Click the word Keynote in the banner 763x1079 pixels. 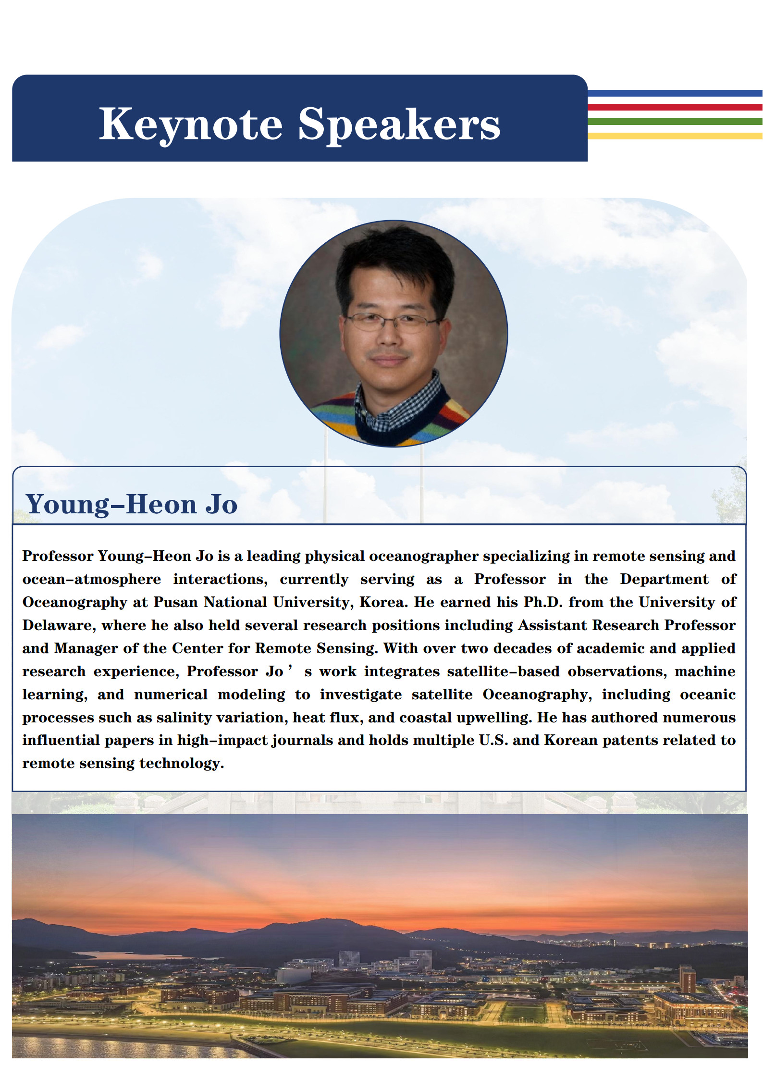[x=191, y=124]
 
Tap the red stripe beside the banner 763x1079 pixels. [x=675, y=107]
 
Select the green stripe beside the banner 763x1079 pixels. [x=675, y=122]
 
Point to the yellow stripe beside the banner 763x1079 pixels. [x=675, y=136]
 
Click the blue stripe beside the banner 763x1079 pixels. [x=675, y=93]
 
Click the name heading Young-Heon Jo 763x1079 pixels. [x=132, y=504]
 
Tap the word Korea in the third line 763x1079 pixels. [x=383, y=602]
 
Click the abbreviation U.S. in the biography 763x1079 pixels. [x=493, y=740]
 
